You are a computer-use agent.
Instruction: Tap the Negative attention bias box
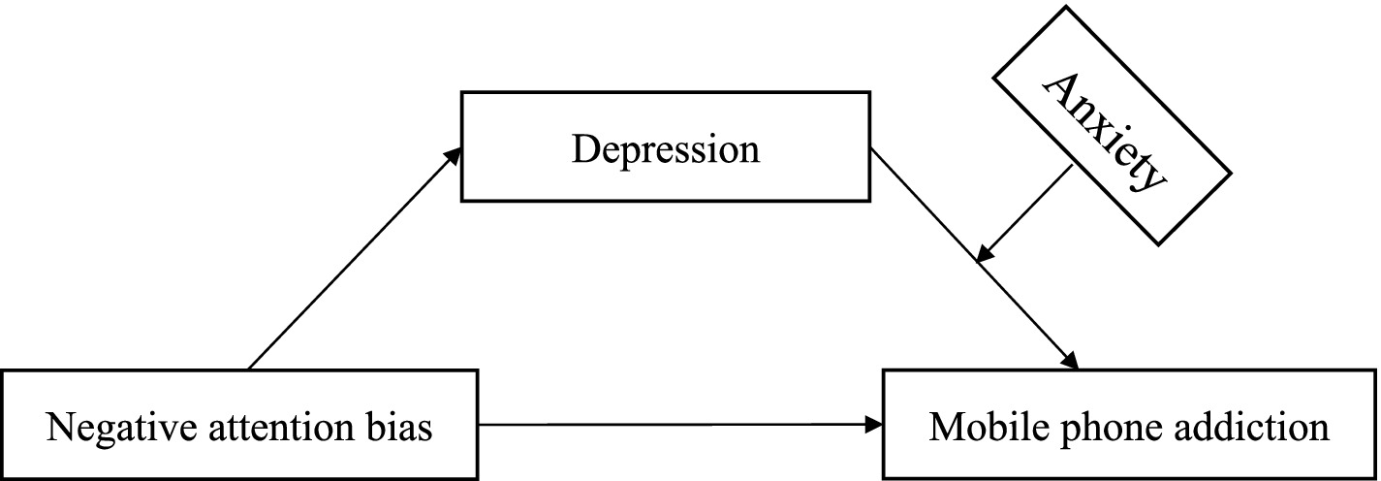(239, 425)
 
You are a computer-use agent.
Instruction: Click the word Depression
(665, 150)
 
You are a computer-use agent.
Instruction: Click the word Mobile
(981, 427)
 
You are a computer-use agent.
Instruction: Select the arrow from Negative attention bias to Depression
(354, 259)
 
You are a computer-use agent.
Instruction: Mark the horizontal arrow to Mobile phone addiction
(678, 425)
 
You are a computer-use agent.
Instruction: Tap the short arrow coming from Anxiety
(1025, 212)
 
